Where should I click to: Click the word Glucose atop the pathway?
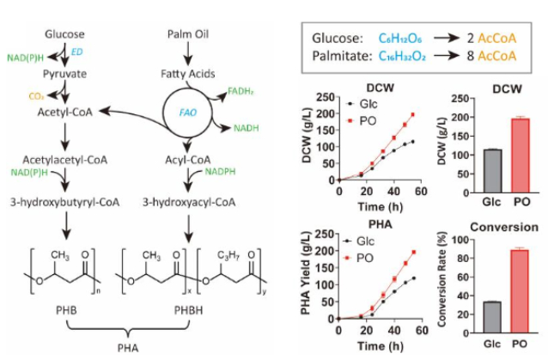tap(64, 34)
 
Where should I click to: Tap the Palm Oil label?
tap(188, 34)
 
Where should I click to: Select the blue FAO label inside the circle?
tap(187, 113)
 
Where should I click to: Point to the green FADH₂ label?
tap(241, 92)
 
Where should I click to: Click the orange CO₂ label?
tap(36, 96)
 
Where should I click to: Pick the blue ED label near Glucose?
tap(77, 52)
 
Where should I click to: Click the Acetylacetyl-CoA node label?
tap(65, 160)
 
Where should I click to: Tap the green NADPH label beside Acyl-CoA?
tap(220, 172)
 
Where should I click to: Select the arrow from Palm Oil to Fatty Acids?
tap(188, 54)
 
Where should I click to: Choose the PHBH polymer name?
tap(188, 310)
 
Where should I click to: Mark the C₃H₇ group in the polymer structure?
tap(228, 255)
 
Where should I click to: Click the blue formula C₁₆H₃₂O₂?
tap(402, 56)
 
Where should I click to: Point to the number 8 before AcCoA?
tap(471, 56)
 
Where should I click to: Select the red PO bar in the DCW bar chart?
tap(520, 156)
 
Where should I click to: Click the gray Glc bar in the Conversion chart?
tap(492, 317)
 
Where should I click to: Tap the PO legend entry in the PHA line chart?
tap(358, 259)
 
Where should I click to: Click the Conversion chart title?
tap(504, 227)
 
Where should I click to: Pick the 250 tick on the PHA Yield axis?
tap(325, 235)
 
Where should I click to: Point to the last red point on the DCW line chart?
tap(413, 114)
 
